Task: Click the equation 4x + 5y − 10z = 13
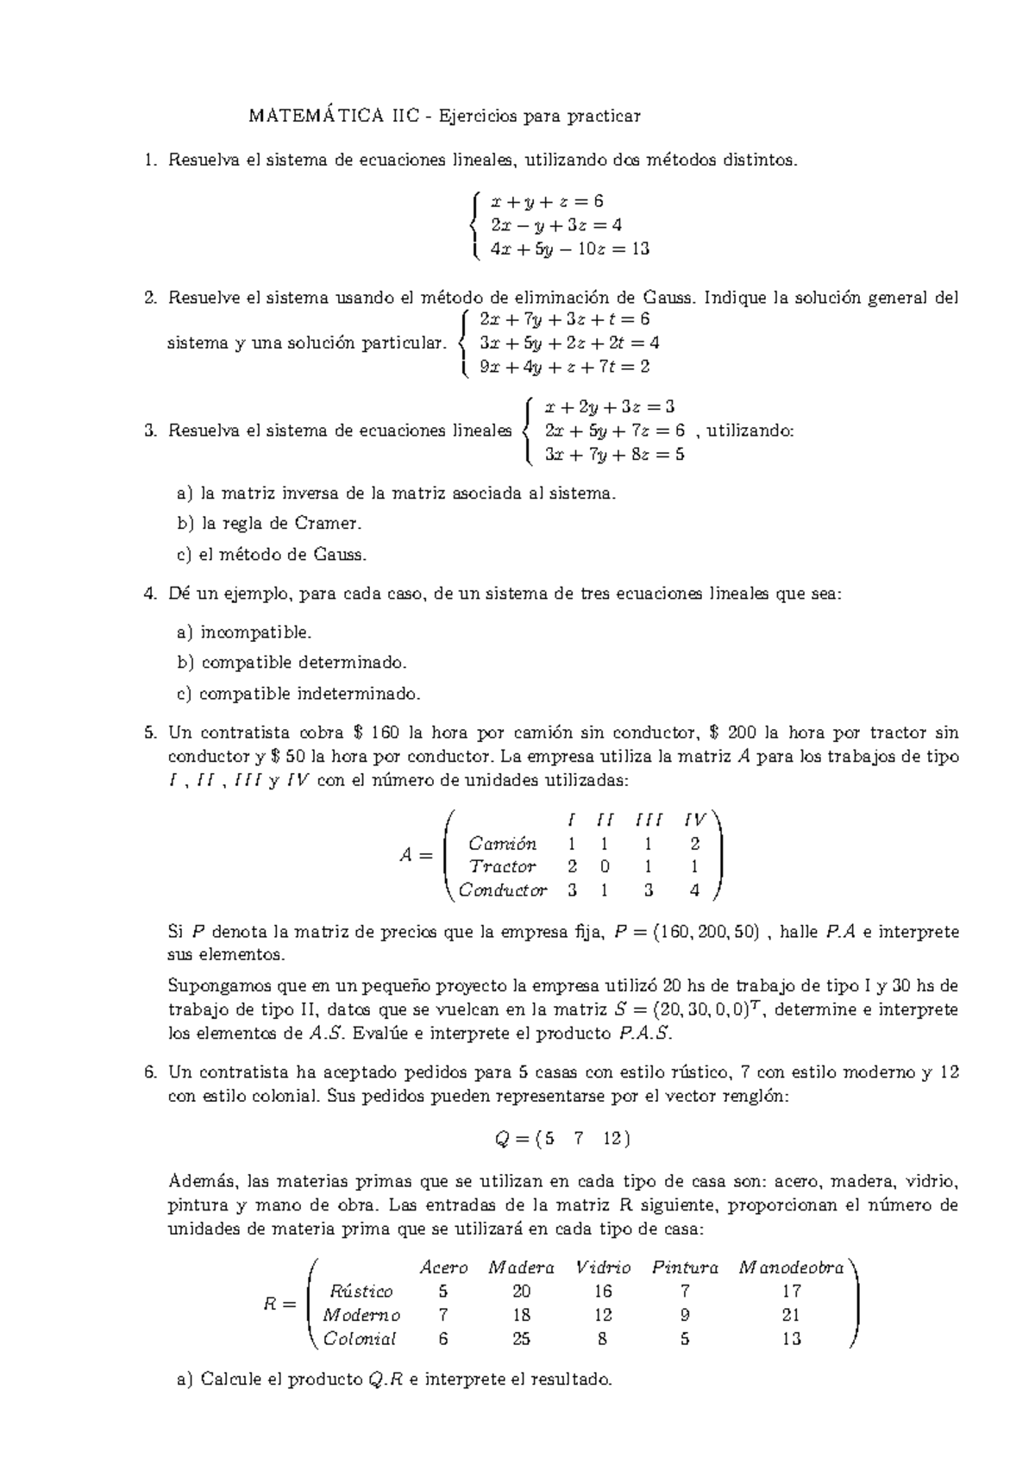click(x=569, y=249)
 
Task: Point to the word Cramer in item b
click(x=328, y=524)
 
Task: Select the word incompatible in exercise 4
click(x=255, y=633)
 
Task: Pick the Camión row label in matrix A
click(x=501, y=844)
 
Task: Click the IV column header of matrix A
click(x=694, y=820)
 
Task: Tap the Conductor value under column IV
click(x=694, y=890)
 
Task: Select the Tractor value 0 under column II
click(x=605, y=867)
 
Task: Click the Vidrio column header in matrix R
click(x=602, y=1268)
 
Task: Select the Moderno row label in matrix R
click(x=361, y=1316)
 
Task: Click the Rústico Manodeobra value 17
click(x=791, y=1292)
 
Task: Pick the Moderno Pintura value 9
click(x=685, y=1316)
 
